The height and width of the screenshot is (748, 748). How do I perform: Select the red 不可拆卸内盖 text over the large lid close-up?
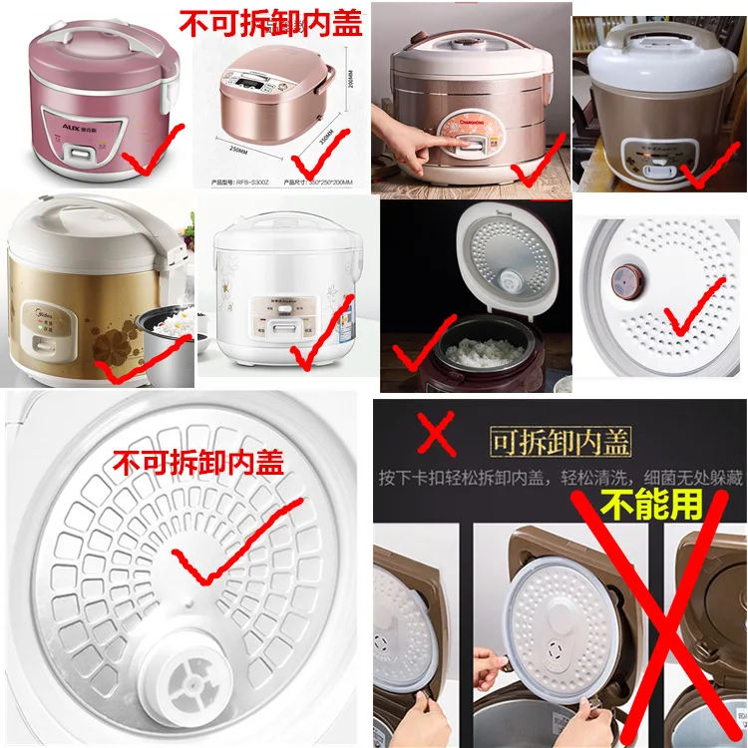(x=199, y=462)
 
